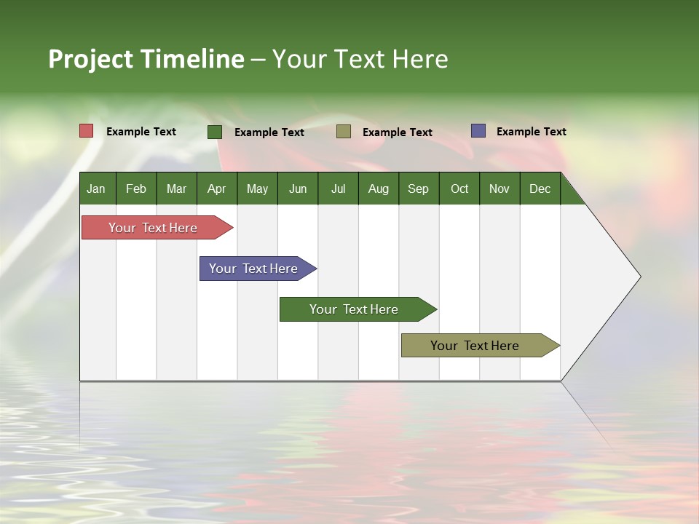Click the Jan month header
96,188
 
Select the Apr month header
216,188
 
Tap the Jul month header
338,188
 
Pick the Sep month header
418,188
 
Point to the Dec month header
540,188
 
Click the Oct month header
459,188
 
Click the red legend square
86,131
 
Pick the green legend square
215,132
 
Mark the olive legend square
344,132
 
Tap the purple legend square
478,131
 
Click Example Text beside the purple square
531,131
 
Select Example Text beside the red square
141,131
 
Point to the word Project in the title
91,59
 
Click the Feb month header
135,188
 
